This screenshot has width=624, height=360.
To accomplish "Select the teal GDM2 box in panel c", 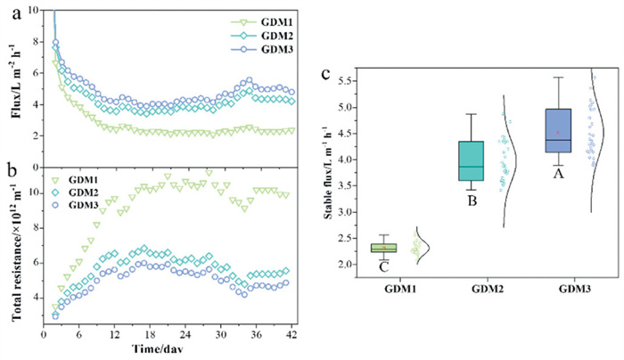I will pos(472,160).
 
